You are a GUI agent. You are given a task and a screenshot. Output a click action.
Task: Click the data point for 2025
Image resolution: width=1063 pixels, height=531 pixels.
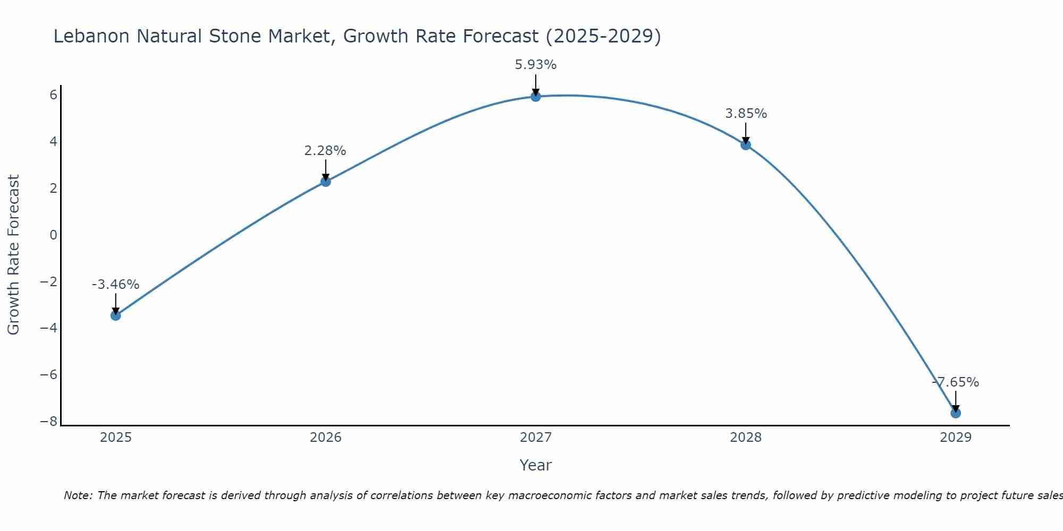(115, 315)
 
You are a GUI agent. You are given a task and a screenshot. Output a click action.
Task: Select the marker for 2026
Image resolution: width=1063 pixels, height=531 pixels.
(325, 182)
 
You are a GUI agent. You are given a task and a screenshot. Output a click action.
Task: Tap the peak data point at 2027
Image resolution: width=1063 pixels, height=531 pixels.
(535, 96)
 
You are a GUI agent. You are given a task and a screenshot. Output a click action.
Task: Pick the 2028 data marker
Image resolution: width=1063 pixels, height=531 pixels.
(746, 144)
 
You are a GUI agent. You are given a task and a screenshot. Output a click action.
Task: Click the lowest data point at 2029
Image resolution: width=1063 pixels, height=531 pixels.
(956, 413)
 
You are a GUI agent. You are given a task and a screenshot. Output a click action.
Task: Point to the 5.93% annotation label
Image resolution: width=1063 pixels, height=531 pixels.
(535, 65)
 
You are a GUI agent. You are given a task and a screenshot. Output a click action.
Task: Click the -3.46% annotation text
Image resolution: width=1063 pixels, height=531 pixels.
(115, 285)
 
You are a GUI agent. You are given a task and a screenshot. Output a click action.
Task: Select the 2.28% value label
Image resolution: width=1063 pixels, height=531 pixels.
(325, 151)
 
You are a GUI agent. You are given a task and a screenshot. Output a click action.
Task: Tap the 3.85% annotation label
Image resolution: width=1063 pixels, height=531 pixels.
(746, 114)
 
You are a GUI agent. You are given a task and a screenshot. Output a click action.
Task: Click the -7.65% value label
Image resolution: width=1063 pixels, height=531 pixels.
(956, 382)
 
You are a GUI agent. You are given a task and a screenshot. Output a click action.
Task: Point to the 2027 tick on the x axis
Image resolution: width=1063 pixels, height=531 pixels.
(535, 438)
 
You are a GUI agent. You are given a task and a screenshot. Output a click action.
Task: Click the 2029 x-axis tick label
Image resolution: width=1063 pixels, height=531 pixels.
(956, 438)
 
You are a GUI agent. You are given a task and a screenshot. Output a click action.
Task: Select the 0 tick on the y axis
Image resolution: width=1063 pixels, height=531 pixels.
(53, 235)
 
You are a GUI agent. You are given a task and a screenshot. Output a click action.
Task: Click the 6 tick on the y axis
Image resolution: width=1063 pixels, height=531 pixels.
(53, 95)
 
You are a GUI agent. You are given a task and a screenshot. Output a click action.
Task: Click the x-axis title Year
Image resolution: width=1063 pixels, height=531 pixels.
(535, 465)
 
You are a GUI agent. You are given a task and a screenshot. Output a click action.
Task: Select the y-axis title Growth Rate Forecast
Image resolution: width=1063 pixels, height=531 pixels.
(13, 255)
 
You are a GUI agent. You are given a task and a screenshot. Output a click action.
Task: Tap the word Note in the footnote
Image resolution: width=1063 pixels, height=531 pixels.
(78, 495)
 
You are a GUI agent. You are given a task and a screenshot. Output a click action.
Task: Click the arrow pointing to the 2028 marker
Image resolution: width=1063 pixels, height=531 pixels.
(746, 133)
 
